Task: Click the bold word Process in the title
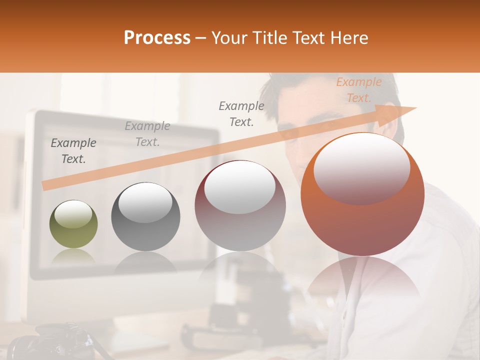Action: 157,38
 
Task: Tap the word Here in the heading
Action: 349,38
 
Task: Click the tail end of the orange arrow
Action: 44,186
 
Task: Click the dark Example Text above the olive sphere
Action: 73,150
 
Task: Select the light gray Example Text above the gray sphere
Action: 147,134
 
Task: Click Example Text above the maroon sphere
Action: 241,113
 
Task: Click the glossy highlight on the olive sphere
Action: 73,214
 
